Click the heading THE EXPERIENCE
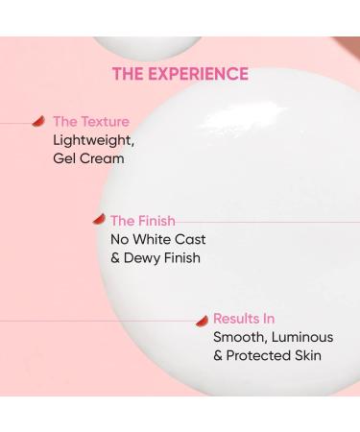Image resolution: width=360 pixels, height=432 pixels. [180, 74]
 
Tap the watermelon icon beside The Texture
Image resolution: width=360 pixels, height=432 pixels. [38, 122]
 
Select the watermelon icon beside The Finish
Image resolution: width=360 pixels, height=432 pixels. [98, 220]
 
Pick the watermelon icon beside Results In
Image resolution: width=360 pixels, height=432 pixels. [202, 320]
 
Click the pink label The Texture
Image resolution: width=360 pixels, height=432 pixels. [91, 122]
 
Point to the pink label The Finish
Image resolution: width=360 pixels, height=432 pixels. [143, 221]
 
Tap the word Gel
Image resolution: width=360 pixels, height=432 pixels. [65, 158]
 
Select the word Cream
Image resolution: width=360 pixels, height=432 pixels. [103, 158]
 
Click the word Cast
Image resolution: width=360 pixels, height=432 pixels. [190, 239]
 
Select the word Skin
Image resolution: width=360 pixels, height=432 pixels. [307, 355]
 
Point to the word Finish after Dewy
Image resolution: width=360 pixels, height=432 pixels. [182, 257]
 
